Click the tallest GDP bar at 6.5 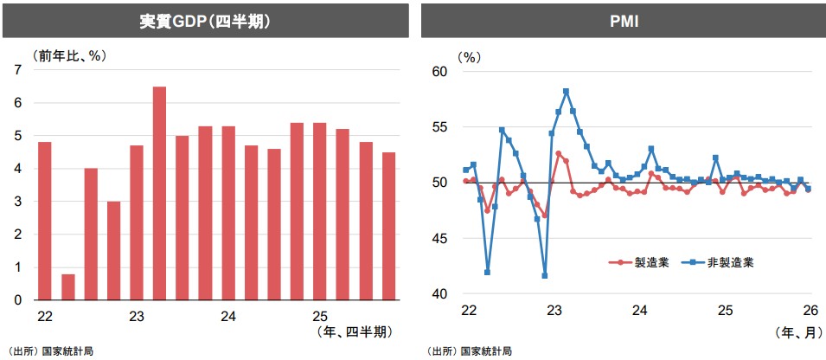click(x=159, y=193)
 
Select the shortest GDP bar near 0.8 click(x=67, y=286)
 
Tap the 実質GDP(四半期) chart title click(x=205, y=20)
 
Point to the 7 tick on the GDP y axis click(x=18, y=70)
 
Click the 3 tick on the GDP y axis click(x=18, y=202)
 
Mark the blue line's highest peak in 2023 click(x=566, y=91)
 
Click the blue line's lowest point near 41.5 click(x=545, y=276)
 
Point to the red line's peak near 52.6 click(x=559, y=154)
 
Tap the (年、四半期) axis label click(x=355, y=331)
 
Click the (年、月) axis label click(x=796, y=330)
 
